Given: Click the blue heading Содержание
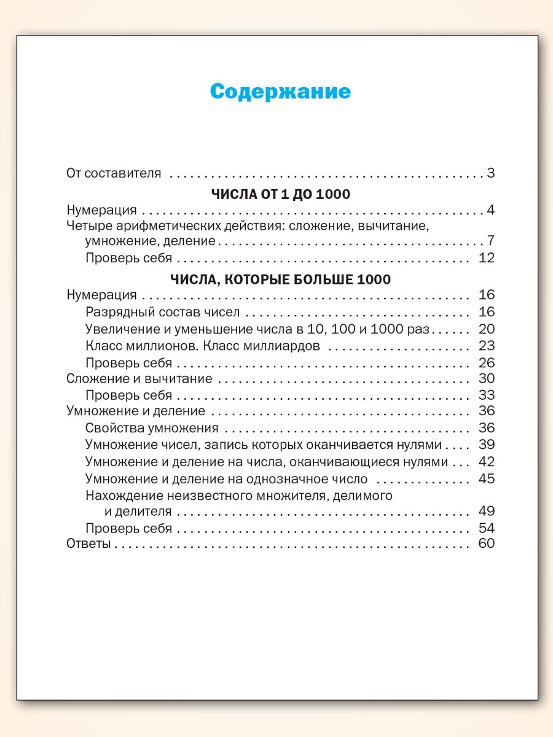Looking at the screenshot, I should (x=280, y=92).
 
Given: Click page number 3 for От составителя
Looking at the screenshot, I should (x=490, y=173).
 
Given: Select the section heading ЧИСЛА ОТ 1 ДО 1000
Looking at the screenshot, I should (x=280, y=194).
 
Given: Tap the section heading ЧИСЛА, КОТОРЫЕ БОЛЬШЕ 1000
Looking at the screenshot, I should (x=280, y=279).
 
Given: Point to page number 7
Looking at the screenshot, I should (x=490, y=240).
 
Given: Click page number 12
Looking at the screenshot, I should (x=486, y=257).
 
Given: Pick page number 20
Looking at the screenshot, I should (x=486, y=328).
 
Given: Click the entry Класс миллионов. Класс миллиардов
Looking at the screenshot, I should (x=203, y=345).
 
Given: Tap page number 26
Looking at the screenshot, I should (x=486, y=362).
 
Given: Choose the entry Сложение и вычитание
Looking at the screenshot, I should (x=139, y=378).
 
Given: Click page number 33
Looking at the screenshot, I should (x=486, y=395).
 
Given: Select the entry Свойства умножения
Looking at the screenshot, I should (x=152, y=428).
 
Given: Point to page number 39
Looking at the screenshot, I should (x=486, y=445).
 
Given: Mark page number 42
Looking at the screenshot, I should (x=486, y=461).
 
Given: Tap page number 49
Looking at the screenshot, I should (x=486, y=511).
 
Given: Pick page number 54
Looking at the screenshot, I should (x=486, y=528).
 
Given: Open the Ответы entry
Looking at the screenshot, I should (x=88, y=544).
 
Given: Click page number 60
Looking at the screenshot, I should (x=486, y=544).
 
